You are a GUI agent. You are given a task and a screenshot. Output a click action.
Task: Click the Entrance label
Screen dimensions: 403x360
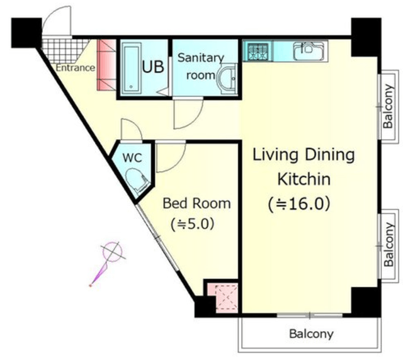[x=76, y=68]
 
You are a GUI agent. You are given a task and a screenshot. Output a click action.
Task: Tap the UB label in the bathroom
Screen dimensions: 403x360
[x=153, y=67]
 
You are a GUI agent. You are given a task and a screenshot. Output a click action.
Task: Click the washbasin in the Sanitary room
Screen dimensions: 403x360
[x=227, y=79]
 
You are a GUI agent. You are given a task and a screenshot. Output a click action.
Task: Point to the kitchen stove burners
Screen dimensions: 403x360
[x=258, y=51]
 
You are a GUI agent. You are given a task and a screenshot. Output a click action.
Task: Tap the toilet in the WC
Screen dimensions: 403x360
[x=137, y=181]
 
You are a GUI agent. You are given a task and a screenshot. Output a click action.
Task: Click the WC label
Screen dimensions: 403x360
[x=132, y=158]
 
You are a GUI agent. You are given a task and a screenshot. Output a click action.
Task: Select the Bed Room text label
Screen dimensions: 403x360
[x=196, y=203]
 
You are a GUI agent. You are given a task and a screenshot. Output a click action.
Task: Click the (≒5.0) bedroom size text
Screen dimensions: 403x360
[x=192, y=224]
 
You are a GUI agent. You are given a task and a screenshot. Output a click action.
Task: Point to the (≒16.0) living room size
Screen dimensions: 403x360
[x=299, y=205]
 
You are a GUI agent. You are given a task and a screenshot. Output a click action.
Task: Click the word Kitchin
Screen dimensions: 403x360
[x=304, y=179]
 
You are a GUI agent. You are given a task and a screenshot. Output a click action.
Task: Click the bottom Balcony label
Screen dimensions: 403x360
[x=311, y=334]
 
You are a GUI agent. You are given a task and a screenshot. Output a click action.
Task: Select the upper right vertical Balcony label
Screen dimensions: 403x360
[x=388, y=106]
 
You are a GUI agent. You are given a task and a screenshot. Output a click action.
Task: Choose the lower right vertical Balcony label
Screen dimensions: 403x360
[x=389, y=244]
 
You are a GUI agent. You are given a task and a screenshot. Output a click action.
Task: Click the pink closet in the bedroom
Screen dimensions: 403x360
[x=226, y=298]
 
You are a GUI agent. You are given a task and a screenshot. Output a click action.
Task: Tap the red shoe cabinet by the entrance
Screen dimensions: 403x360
[x=106, y=65]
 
